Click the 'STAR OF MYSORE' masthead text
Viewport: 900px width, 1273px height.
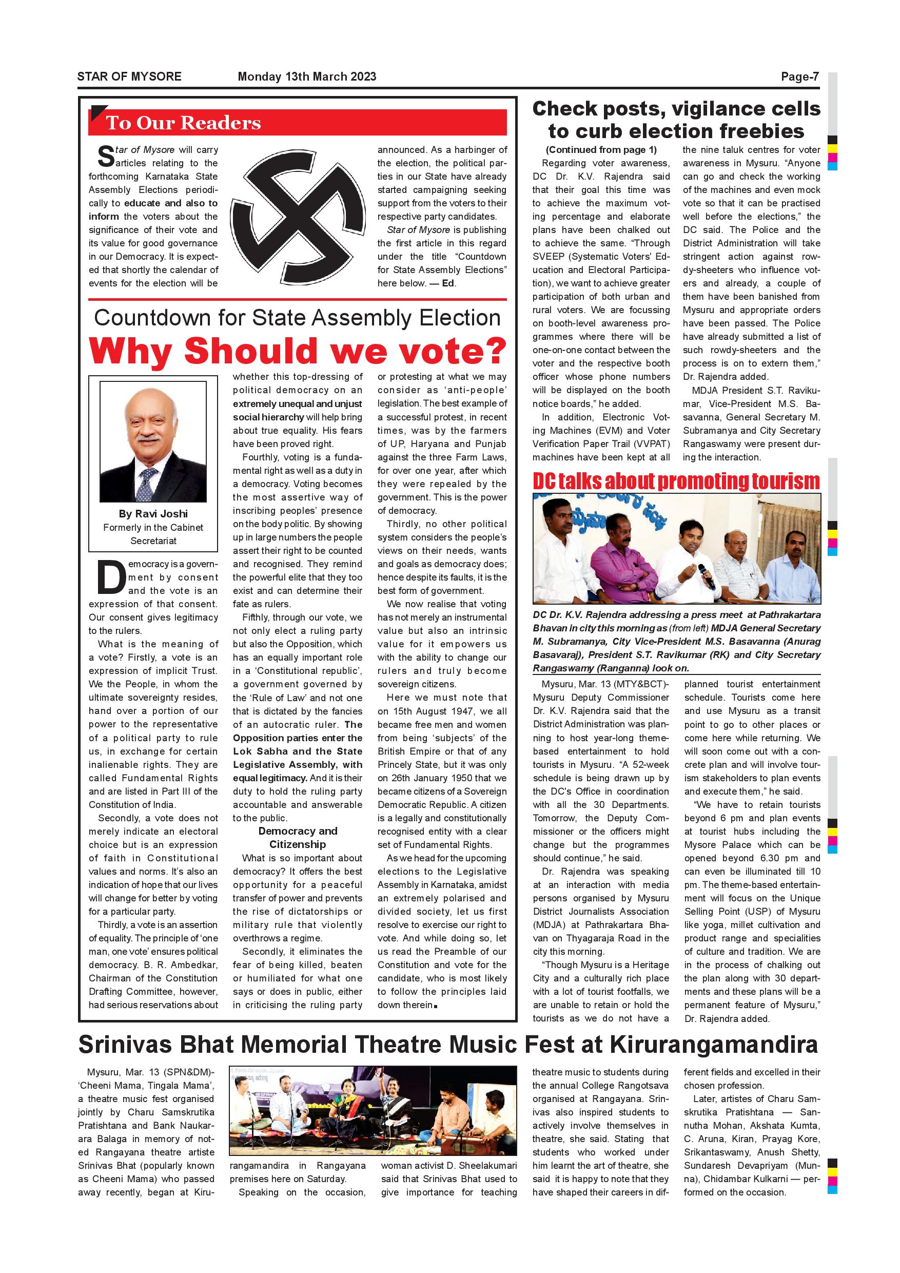point(129,76)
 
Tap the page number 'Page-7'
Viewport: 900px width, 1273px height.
point(799,76)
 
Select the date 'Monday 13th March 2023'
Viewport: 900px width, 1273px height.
point(306,76)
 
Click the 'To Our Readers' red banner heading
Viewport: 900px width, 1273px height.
point(183,123)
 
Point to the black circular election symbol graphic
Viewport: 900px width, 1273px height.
point(298,217)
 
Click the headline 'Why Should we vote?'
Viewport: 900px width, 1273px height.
point(298,351)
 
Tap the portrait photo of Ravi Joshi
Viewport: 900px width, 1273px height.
point(153,441)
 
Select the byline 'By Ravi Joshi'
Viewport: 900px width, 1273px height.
point(153,514)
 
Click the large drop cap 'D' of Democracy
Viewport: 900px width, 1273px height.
point(111,577)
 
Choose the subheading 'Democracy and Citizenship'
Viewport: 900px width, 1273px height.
point(298,838)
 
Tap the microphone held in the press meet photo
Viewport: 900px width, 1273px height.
point(707,575)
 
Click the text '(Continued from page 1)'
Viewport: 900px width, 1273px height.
point(601,150)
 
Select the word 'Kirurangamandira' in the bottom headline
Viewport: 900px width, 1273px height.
point(714,1045)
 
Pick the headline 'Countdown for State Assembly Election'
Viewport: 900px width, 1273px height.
point(298,318)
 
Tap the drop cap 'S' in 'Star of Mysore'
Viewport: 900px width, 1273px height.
point(105,157)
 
